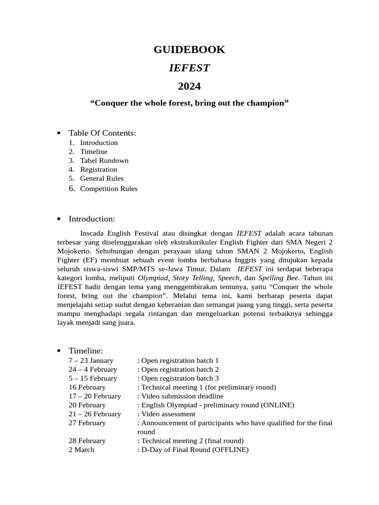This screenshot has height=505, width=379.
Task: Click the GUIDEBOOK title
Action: click(189, 49)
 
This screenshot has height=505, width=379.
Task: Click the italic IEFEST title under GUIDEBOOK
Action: click(189, 68)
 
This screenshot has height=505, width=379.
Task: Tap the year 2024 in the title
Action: click(189, 86)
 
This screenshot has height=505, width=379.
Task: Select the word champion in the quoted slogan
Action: click(266, 104)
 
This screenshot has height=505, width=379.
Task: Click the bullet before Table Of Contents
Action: click(59, 133)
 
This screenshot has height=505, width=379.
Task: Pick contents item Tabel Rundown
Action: click(104, 160)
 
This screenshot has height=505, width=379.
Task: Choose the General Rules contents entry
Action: click(102, 178)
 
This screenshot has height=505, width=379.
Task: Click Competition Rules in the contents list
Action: click(109, 188)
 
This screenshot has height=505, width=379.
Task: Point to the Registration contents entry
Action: click(99, 169)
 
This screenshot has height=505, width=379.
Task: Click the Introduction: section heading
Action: click(92, 218)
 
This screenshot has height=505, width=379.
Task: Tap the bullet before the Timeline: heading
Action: click(59, 351)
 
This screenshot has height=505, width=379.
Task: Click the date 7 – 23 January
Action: click(91, 361)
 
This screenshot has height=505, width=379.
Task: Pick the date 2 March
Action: click(81, 449)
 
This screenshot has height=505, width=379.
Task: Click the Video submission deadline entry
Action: click(182, 396)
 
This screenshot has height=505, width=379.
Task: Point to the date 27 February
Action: click(87, 423)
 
